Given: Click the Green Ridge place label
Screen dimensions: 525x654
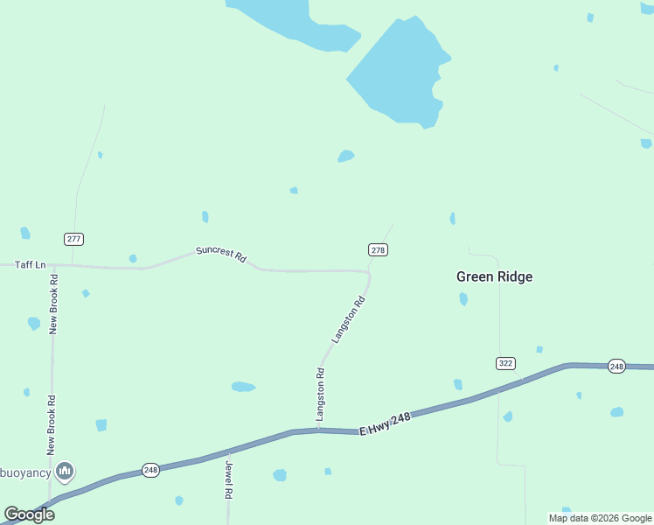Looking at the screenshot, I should [494, 276].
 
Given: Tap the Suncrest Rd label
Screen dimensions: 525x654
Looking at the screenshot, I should [220, 255].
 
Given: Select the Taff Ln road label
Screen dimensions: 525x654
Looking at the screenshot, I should [30, 264].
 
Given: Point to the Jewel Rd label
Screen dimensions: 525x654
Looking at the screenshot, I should [229, 480].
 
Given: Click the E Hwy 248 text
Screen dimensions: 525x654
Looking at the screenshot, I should [384, 424].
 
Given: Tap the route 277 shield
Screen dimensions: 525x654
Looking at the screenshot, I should [73, 239].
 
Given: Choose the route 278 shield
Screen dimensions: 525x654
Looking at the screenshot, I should [378, 250].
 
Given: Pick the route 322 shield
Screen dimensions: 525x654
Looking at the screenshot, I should [505, 363].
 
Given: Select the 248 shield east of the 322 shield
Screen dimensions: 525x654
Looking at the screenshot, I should [616, 366].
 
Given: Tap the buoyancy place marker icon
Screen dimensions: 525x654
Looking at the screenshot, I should [64, 472].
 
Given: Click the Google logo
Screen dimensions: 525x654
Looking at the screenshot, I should [30, 514].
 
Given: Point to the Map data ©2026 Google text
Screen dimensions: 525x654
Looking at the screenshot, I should [600, 518].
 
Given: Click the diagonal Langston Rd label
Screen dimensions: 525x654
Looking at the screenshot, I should [347, 320].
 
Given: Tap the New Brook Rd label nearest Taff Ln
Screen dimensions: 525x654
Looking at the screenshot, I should [53, 304].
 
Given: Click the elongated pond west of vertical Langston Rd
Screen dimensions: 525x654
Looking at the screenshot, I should [243, 387].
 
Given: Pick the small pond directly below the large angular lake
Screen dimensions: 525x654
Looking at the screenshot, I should [346, 157].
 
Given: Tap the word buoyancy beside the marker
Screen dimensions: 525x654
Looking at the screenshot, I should [24, 472].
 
